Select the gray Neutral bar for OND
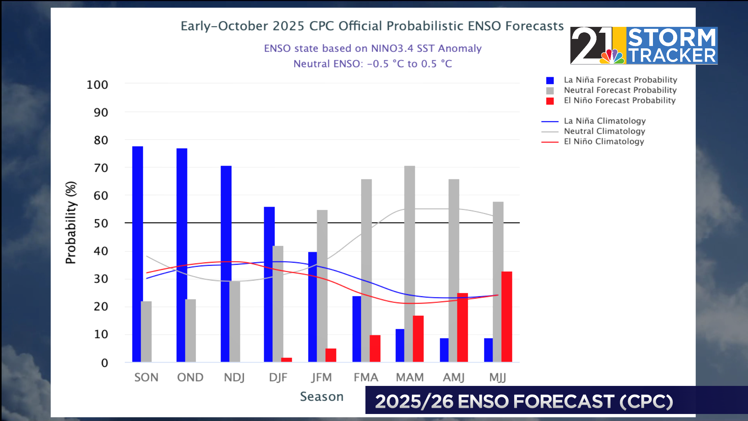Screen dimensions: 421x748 [191, 330]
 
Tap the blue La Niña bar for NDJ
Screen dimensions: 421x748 [226, 264]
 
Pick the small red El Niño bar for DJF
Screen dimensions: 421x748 [286, 360]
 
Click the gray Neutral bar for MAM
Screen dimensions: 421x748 [409, 264]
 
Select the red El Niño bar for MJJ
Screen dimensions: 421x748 [506, 317]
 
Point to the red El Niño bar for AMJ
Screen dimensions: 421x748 [462, 327]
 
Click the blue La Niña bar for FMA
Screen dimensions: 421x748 [356, 329]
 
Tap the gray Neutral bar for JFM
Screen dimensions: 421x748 [322, 286]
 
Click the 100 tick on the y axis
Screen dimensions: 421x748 [97, 85]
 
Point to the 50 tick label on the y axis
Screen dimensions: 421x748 [101, 223]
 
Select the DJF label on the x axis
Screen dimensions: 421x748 [278, 377]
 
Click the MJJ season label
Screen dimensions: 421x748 [497, 377]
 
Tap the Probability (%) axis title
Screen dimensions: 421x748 [71, 223]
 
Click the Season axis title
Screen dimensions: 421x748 [322, 396]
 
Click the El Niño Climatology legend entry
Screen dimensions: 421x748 [604, 142]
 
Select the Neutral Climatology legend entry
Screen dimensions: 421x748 [604, 131]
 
